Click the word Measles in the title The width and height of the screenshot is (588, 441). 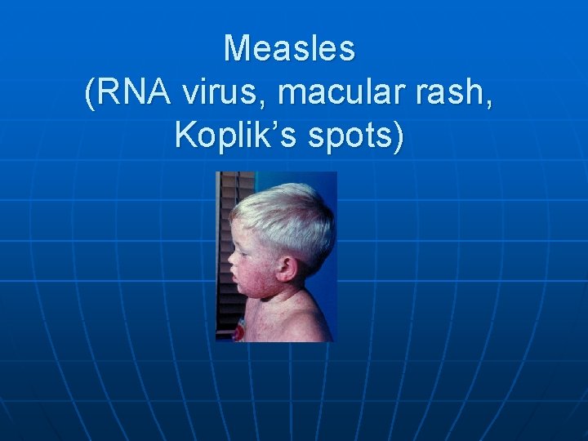click(290, 49)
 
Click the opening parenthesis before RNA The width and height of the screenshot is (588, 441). click(89, 95)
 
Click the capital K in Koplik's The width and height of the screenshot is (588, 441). click(185, 135)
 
